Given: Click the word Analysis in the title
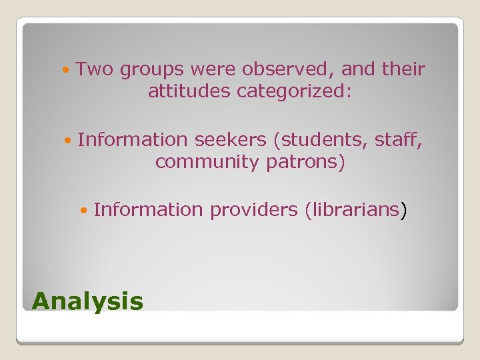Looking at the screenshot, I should coord(87,301).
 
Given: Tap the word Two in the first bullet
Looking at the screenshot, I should coord(95,69).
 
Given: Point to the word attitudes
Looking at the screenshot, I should coord(189,91).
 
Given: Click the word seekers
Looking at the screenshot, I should coord(229,140).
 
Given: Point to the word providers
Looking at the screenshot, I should coord(254,210).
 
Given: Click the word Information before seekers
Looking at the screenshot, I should coord(133,140).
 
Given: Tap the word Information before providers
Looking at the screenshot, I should coord(149,210).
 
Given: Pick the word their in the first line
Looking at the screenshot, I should coord(403,69).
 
